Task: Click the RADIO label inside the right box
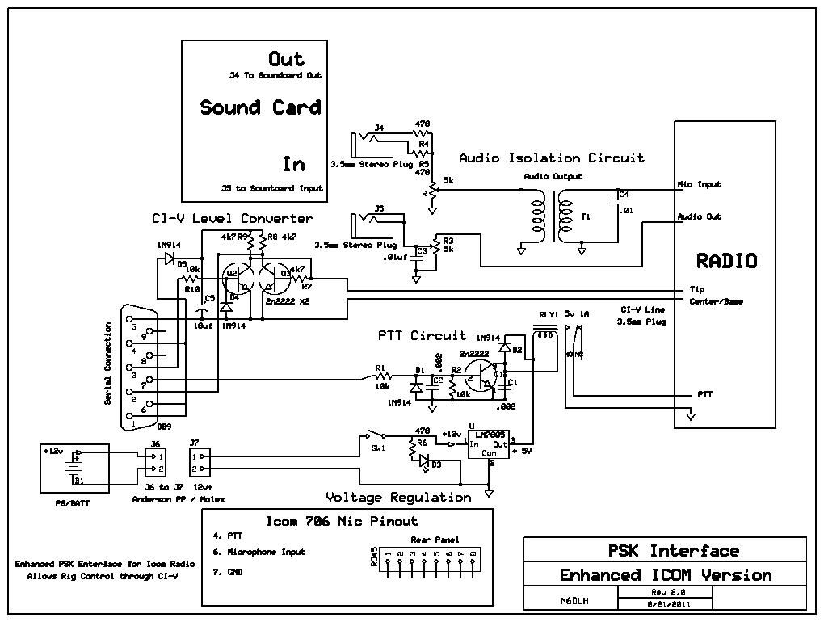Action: (x=726, y=261)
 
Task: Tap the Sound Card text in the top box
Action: (x=260, y=107)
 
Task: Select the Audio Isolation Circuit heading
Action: (x=551, y=158)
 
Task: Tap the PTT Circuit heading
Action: (x=422, y=334)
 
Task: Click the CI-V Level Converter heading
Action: (x=232, y=218)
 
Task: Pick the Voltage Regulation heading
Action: (x=398, y=497)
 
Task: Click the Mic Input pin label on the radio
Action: (x=698, y=184)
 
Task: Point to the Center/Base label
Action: (x=716, y=301)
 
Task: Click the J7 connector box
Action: (x=200, y=462)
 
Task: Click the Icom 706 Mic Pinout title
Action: (x=343, y=521)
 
